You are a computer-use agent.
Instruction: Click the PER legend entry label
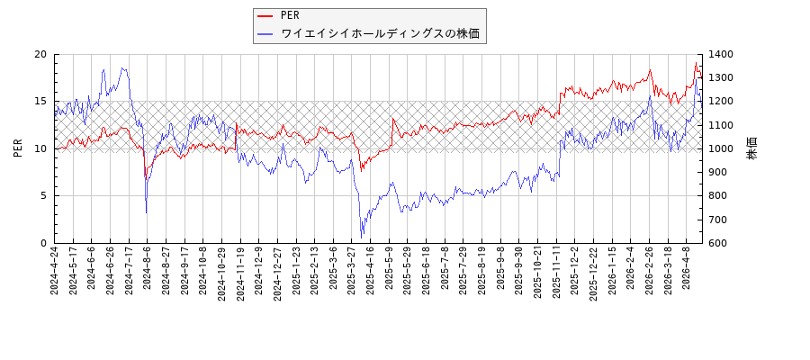(x=290, y=15)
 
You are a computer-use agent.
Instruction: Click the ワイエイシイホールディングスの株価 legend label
(x=380, y=34)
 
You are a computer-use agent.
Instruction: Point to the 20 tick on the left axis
(x=40, y=54)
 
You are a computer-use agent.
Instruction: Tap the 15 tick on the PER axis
(x=40, y=102)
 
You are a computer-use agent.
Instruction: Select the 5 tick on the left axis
(x=42, y=196)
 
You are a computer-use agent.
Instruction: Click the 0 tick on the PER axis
(x=42, y=243)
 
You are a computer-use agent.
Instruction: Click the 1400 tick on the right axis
(x=722, y=54)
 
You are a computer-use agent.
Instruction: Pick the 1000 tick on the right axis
(x=722, y=148)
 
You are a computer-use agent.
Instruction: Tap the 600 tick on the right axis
(x=719, y=243)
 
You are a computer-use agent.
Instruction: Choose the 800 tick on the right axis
(x=719, y=196)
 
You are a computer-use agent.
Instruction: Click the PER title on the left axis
(x=18, y=148)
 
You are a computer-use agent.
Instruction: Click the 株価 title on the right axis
(x=752, y=148)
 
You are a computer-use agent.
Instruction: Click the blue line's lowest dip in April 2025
(x=362, y=236)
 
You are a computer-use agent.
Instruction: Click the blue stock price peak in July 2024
(x=123, y=67)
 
